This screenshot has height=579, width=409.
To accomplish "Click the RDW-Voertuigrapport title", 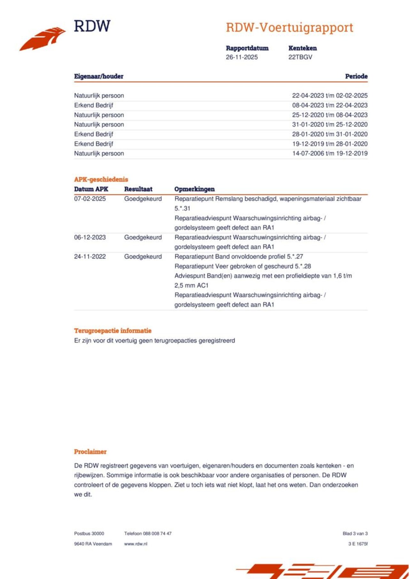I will (x=289, y=27).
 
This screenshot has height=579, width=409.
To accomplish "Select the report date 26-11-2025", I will (x=242, y=57).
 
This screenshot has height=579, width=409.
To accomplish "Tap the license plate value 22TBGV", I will (x=300, y=57).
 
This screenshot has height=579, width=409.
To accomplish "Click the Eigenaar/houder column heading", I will (x=99, y=76).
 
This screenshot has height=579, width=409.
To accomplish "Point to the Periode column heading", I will (x=356, y=76).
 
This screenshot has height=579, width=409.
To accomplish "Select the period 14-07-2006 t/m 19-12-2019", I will (x=330, y=153).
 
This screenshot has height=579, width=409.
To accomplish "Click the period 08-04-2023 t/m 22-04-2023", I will (x=330, y=105).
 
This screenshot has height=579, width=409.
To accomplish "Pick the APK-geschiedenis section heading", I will (x=101, y=179).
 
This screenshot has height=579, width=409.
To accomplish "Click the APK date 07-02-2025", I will (x=90, y=199).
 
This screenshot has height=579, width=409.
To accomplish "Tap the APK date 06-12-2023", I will (x=90, y=237).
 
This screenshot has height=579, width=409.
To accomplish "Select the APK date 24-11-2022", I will (x=90, y=257).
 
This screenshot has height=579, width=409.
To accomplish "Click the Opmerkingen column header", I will (x=194, y=189).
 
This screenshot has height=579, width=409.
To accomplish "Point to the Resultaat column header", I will (x=138, y=189).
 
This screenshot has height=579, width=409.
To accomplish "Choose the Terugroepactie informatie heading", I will (x=113, y=331).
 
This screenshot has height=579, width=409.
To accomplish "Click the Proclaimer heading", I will (x=90, y=452).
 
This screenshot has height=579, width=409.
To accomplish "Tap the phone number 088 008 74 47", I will (x=157, y=534).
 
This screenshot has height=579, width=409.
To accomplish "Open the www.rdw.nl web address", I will (x=136, y=544).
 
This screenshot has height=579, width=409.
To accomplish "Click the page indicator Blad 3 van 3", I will (x=355, y=534).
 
